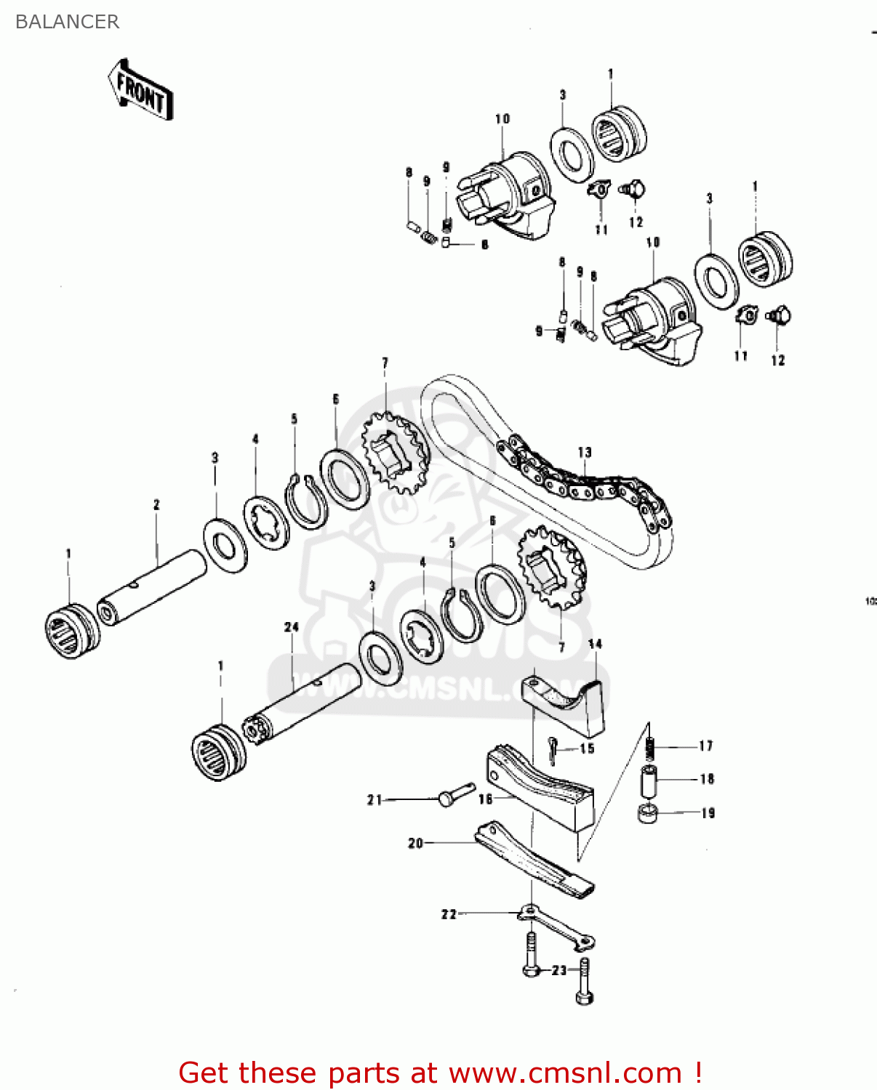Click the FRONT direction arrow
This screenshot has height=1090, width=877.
[x=141, y=91]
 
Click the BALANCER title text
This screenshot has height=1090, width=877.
[x=67, y=22]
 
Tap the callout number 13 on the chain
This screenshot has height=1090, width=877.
[x=585, y=452]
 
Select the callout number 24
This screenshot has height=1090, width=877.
[x=292, y=626]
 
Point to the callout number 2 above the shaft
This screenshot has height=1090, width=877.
[x=156, y=504]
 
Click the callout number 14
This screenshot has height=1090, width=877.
[x=595, y=644]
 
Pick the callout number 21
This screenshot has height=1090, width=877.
[x=375, y=799]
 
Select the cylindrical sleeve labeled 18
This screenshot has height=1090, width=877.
[x=649, y=780]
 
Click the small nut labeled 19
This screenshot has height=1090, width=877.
[x=646, y=812]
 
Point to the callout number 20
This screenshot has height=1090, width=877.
[x=415, y=843]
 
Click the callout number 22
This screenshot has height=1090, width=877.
[x=449, y=914]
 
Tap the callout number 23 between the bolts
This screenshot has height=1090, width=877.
[x=558, y=970]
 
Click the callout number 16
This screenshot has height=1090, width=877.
[x=486, y=799]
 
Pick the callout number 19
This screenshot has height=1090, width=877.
[x=708, y=813]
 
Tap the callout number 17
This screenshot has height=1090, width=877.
[x=705, y=746]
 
